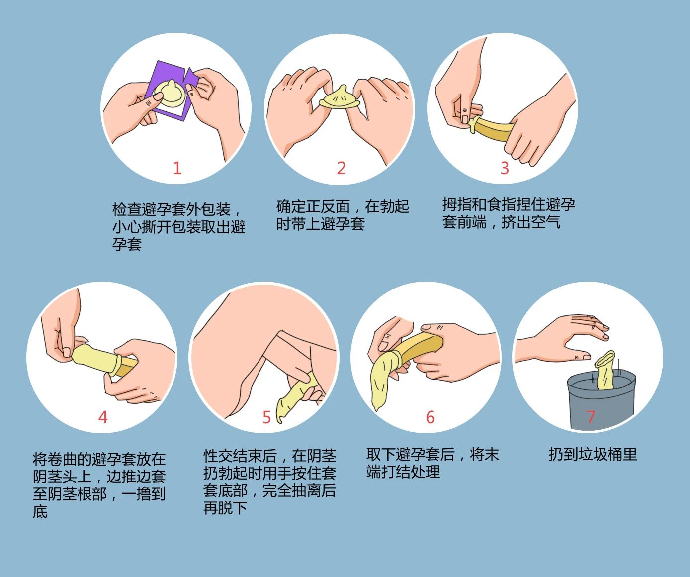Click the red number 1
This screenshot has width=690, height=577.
(x=177, y=168)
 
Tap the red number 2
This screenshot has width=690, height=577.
(x=341, y=168)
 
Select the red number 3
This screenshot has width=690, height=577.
(x=505, y=168)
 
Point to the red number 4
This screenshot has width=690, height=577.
(x=103, y=417)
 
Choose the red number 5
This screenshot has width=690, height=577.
(x=267, y=417)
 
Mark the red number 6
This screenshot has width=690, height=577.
(x=431, y=417)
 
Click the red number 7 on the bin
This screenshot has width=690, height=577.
(x=591, y=417)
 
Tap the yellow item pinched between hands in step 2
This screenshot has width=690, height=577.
(x=340, y=98)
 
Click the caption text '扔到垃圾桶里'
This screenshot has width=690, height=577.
(x=593, y=454)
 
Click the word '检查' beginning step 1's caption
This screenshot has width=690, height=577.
(x=127, y=209)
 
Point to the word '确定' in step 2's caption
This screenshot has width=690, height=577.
(x=291, y=206)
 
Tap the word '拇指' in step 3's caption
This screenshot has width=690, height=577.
(x=457, y=204)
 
